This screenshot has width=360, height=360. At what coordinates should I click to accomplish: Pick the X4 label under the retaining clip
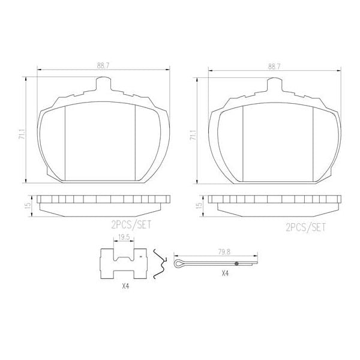coord(125,286)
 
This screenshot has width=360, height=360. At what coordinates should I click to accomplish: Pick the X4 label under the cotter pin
coord(225,273)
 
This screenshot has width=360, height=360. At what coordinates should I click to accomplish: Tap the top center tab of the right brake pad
coord(275,86)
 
